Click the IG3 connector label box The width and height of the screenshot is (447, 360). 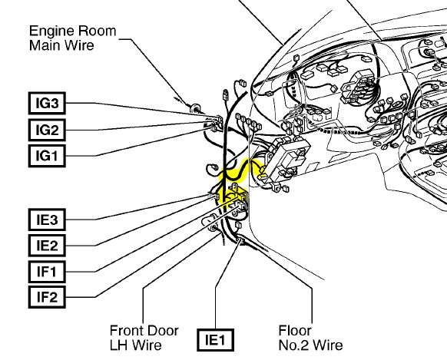(x=47, y=103)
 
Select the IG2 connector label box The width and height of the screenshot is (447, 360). (x=47, y=130)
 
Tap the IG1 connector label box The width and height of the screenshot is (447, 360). (x=47, y=156)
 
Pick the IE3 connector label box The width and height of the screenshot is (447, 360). (x=47, y=220)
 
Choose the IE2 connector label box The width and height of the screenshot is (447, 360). (x=47, y=246)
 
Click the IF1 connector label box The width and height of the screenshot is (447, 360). (x=47, y=272)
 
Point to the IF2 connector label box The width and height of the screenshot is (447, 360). (x=47, y=297)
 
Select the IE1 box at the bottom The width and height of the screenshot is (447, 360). (x=216, y=340)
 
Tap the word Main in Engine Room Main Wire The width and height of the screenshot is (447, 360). (x=46, y=45)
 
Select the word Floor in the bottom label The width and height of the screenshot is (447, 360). (x=295, y=331)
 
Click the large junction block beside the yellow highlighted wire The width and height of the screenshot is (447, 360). (x=287, y=157)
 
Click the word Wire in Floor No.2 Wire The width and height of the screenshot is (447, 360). (x=328, y=345)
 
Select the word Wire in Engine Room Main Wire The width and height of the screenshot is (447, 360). (x=80, y=45)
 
